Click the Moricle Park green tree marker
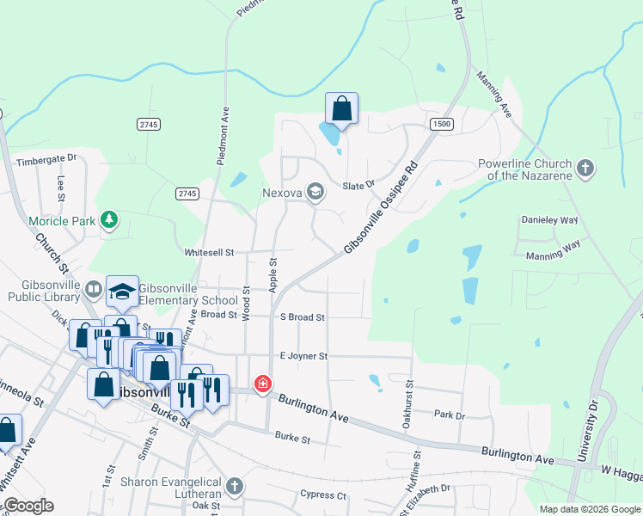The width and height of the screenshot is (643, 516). pyautogui.click(x=109, y=221)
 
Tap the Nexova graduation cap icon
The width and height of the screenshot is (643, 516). pyautogui.click(x=315, y=193)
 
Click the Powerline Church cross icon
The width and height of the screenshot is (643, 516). pyautogui.click(x=585, y=169)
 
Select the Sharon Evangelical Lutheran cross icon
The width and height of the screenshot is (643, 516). pyautogui.click(x=234, y=488)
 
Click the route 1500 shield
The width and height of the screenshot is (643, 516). pyautogui.click(x=442, y=124)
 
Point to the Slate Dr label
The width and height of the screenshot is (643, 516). pyautogui.click(x=359, y=185)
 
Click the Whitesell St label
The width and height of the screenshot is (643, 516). pyautogui.click(x=210, y=253)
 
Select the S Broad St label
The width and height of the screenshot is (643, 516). pyautogui.click(x=303, y=316)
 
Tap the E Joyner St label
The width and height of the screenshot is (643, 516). pyautogui.click(x=303, y=355)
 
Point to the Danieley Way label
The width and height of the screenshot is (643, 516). pyautogui.click(x=549, y=220)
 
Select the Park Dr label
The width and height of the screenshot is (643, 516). pyautogui.click(x=450, y=415)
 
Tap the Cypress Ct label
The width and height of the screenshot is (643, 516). pyautogui.click(x=322, y=495)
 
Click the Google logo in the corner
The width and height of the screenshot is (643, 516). pyautogui.click(x=28, y=506)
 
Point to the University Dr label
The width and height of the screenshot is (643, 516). pyautogui.click(x=592, y=430)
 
